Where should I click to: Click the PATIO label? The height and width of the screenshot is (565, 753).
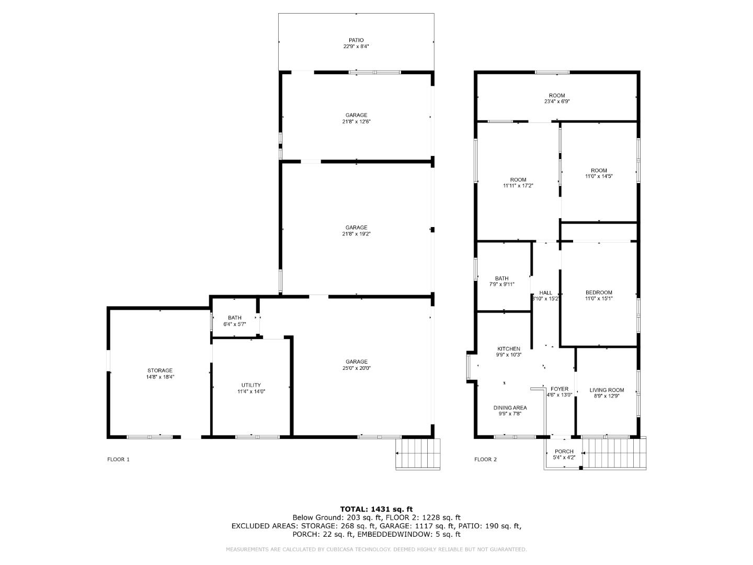click(356, 40)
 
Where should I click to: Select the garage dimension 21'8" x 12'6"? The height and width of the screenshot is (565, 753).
click(356, 121)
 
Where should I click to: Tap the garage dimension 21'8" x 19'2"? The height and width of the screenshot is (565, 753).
click(356, 234)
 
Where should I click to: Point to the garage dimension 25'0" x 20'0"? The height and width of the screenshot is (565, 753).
click(356, 368)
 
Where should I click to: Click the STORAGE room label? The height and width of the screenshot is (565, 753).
click(159, 370)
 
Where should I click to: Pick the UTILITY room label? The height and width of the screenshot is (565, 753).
click(251, 385)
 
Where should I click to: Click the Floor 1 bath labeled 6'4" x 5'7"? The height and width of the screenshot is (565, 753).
click(234, 321)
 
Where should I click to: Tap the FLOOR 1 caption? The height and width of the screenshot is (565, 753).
click(118, 459)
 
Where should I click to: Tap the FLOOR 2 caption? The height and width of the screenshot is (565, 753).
click(485, 459)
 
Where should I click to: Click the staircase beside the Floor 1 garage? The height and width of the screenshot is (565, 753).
click(418, 454)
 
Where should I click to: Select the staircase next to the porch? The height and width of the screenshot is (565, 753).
click(614, 453)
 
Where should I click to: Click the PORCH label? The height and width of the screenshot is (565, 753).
click(564, 451)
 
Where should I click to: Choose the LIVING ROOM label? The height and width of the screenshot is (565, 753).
click(607, 390)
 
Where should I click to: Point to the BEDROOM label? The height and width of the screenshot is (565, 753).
click(599, 292)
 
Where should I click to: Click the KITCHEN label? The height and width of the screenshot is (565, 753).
click(508, 348)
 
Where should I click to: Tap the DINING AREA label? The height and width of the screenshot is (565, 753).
click(510, 408)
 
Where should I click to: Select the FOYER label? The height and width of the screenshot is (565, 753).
click(559, 389)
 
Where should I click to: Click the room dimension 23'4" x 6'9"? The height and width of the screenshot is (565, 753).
click(557, 101)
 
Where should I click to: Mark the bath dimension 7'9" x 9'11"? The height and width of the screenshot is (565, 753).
click(501, 284)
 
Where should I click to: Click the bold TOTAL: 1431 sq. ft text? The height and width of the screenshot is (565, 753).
click(376, 508)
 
